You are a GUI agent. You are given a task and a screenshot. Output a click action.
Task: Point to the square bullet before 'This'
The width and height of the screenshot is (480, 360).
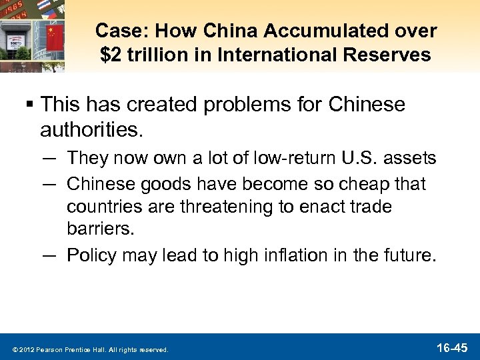coord(31,105)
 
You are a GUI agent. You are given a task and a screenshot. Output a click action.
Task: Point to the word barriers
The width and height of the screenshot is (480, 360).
coord(100,230)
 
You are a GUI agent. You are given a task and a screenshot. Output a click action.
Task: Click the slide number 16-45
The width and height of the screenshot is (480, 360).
coord(453,347)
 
